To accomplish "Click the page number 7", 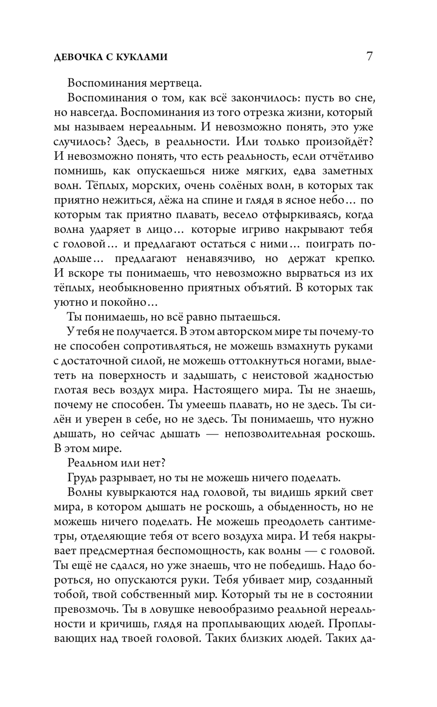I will click(369, 57).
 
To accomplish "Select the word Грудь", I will click(81, 478).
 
